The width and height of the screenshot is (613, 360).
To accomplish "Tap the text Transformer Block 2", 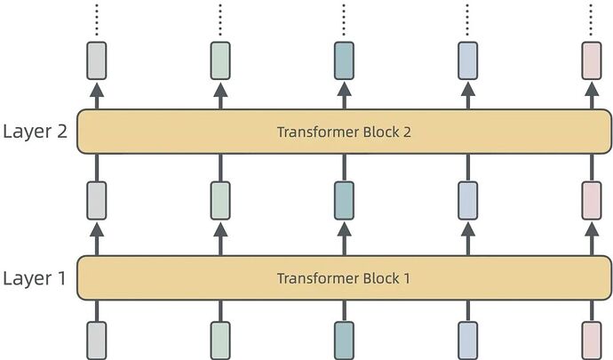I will [344, 132].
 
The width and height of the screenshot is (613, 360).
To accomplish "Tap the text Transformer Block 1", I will [344, 278].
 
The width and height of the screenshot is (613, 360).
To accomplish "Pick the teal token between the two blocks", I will [344, 200].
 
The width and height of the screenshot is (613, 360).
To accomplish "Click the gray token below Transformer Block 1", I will [97, 340].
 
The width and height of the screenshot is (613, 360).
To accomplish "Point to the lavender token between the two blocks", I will [468, 200].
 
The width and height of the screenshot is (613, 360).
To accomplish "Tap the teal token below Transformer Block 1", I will [344, 340].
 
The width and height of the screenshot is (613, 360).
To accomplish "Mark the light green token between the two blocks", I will [220, 200].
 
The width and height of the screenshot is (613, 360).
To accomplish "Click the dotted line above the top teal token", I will [344, 20].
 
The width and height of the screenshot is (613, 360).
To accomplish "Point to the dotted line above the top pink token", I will [592, 20].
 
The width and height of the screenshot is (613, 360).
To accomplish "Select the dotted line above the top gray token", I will [97, 20].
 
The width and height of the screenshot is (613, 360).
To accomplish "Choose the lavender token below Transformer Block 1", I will [468, 340].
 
